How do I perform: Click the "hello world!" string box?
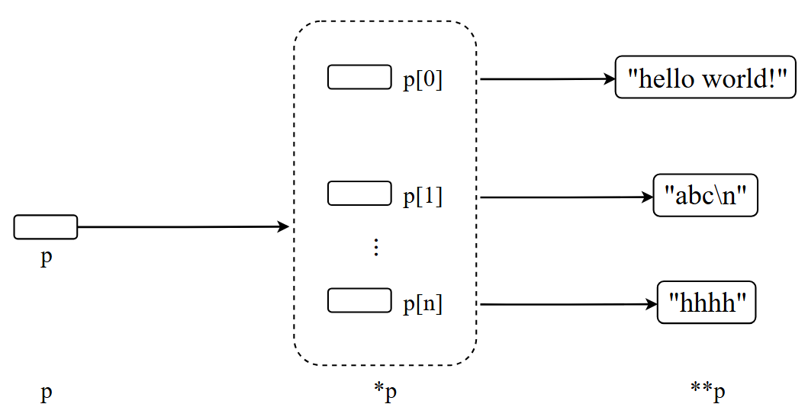coord(706,79)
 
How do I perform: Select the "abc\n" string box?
coord(705,197)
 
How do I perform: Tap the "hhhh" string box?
coord(706,303)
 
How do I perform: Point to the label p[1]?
coord(423,197)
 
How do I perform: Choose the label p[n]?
coord(423,304)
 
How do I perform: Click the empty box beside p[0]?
coord(359,78)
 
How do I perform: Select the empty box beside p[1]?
coord(359,194)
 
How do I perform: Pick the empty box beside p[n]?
coord(359,300)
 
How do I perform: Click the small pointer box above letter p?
coord(46,227)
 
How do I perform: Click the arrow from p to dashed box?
coord(183,227)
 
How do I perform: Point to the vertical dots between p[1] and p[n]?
coord(376,247)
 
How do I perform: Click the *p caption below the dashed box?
coord(385,392)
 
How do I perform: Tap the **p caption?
coord(707,392)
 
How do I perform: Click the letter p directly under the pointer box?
coord(47,258)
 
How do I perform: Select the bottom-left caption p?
coord(47,393)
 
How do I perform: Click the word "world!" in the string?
coord(745,79)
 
